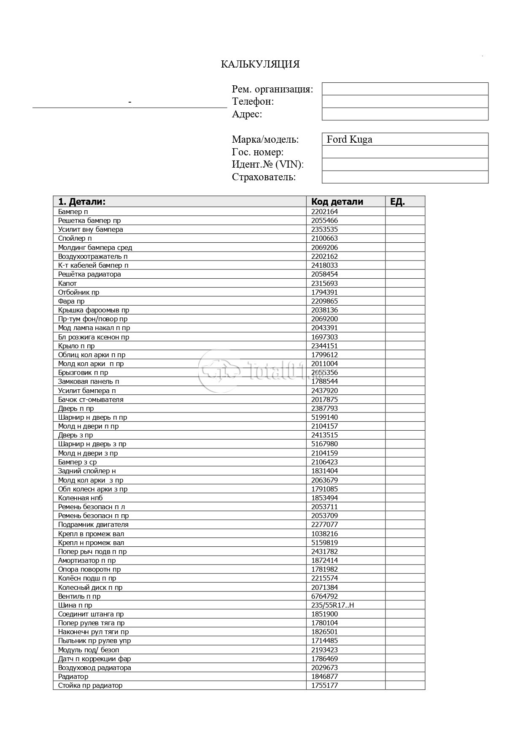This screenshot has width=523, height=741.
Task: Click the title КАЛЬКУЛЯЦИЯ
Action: [x=260, y=64]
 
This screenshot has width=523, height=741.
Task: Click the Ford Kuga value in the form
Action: [x=349, y=139]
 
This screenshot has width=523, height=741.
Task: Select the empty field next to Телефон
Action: [x=405, y=101]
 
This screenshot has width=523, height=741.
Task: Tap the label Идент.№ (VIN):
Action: [x=267, y=164]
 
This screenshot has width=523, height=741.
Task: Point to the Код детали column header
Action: [x=337, y=202]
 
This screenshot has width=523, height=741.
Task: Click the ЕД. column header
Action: [x=397, y=202]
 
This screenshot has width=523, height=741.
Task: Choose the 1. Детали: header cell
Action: [x=82, y=202]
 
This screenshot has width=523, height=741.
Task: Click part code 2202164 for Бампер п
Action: [x=324, y=212]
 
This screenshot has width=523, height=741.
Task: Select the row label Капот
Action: [x=67, y=283]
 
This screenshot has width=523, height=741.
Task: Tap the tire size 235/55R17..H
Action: [x=332, y=605]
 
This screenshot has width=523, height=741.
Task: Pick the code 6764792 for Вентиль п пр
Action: [x=324, y=596]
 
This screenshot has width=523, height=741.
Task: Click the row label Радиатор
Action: [x=73, y=676]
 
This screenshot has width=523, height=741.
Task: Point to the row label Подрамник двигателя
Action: [x=93, y=524]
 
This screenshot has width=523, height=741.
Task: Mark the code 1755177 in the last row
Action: [x=324, y=685]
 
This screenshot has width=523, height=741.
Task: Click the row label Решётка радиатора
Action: [x=89, y=274]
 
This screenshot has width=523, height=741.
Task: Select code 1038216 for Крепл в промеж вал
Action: [x=324, y=534]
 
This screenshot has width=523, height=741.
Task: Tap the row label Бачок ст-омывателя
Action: [x=91, y=399]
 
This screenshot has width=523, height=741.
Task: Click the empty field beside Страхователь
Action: [x=405, y=177]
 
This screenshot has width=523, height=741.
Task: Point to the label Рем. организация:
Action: [x=272, y=89]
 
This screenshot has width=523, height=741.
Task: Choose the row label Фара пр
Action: [x=71, y=301]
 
